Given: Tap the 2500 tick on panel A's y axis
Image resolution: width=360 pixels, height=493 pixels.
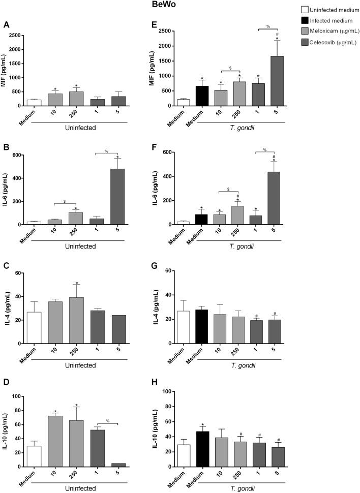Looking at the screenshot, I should click(18, 36).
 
